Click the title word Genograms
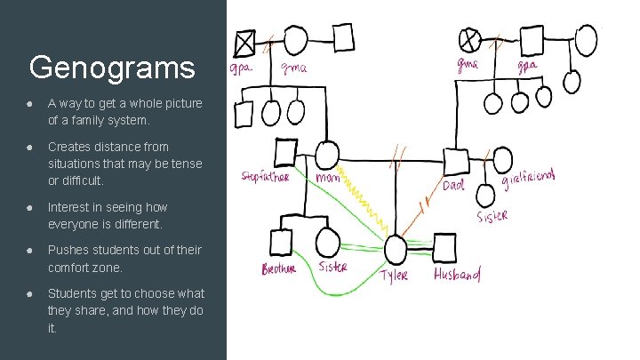click(111, 67)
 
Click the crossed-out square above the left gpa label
click(244, 41)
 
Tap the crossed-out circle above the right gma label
click(469, 38)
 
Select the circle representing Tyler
click(395, 250)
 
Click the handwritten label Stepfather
click(265, 176)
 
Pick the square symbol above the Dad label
click(455, 162)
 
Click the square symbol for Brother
click(282, 241)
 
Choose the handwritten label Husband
click(457, 275)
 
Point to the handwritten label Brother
click(278, 268)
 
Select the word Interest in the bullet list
click(70, 207)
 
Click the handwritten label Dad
click(453, 186)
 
